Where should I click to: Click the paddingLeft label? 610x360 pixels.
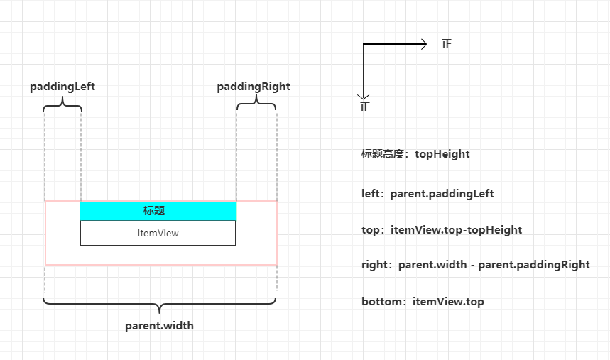(x=62, y=87)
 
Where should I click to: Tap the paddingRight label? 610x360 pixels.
(x=254, y=87)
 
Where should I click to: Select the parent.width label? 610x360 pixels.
(x=159, y=326)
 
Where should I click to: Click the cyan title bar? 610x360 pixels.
(x=158, y=211)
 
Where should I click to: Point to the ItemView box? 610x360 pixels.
(x=158, y=233)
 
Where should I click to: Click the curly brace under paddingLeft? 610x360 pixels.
(x=62, y=104)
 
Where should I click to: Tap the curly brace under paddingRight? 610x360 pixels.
(x=256, y=104)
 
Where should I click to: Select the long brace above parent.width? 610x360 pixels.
(x=160, y=304)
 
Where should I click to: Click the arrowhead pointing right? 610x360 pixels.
(x=424, y=44)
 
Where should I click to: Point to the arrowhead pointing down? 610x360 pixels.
(x=363, y=97)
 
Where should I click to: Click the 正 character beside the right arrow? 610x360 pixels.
(x=447, y=44)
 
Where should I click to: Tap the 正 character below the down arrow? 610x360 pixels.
(x=365, y=107)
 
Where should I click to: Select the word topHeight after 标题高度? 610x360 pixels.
(x=442, y=154)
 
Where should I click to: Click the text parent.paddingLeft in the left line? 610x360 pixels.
(x=442, y=194)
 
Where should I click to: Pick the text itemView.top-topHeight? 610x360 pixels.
(x=456, y=230)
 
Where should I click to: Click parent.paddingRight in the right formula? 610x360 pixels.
(x=534, y=265)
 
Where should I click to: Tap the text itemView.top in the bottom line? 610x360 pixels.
(x=448, y=302)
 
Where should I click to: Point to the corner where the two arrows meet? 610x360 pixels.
(x=364, y=44)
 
